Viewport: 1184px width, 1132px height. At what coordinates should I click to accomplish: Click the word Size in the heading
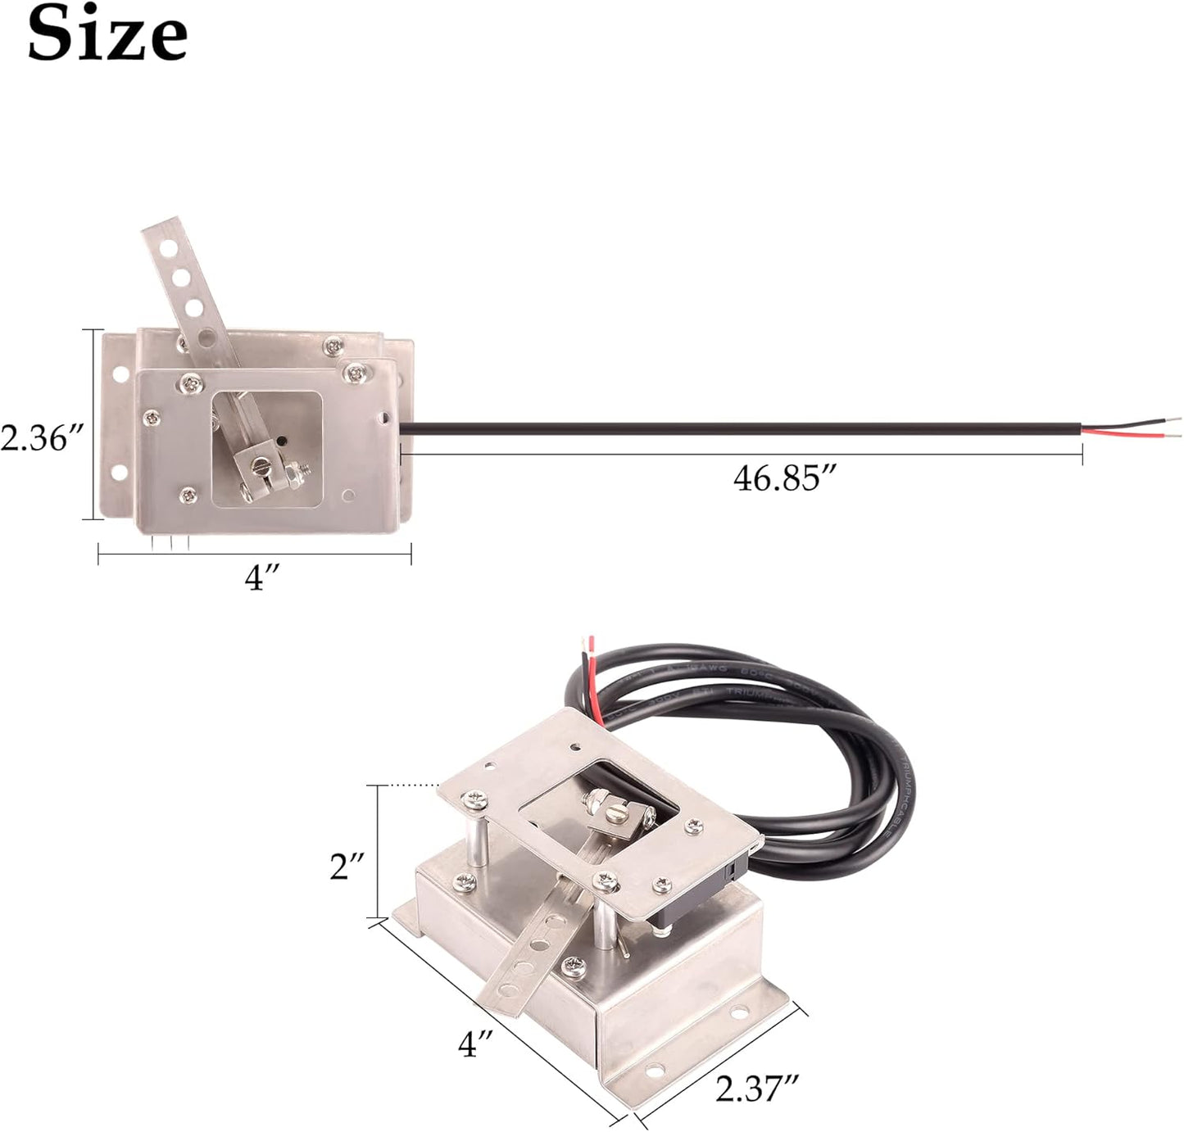(107, 34)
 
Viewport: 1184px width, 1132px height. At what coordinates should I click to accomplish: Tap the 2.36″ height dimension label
(41, 437)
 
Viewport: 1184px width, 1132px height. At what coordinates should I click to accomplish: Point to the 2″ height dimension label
(347, 866)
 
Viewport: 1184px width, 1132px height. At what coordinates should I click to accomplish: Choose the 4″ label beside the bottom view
(476, 1043)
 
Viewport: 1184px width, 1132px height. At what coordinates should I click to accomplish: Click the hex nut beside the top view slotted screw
(291, 473)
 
